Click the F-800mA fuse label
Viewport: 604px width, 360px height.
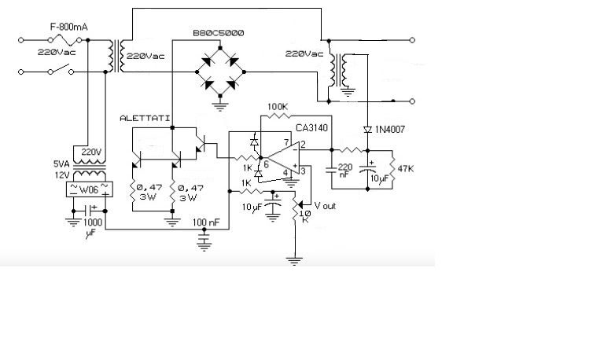(x=69, y=27)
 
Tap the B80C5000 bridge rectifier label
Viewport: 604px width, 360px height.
(x=219, y=33)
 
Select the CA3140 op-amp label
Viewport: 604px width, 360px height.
(x=311, y=128)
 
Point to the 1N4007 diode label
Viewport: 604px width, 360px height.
(x=390, y=130)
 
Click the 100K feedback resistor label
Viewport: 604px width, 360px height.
(x=278, y=107)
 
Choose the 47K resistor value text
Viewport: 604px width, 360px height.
(x=406, y=169)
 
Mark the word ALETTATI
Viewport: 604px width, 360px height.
(x=145, y=118)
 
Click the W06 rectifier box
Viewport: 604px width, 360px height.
(x=90, y=189)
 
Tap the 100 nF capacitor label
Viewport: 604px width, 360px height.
(x=206, y=222)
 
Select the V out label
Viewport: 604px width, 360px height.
(x=325, y=206)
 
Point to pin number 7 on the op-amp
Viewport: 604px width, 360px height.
(x=286, y=143)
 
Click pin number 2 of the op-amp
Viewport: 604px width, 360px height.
(x=303, y=145)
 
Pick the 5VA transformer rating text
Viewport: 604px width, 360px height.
(x=61, y=164)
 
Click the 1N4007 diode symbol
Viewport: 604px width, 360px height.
(x=367, y=130)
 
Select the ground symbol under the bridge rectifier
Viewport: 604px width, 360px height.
(x=220, y=105)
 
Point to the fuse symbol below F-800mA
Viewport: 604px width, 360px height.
(x=64, y=39)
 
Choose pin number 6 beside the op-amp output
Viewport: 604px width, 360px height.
(x=266, y=165)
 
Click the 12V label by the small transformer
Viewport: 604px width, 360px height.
(x=62, y=175)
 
